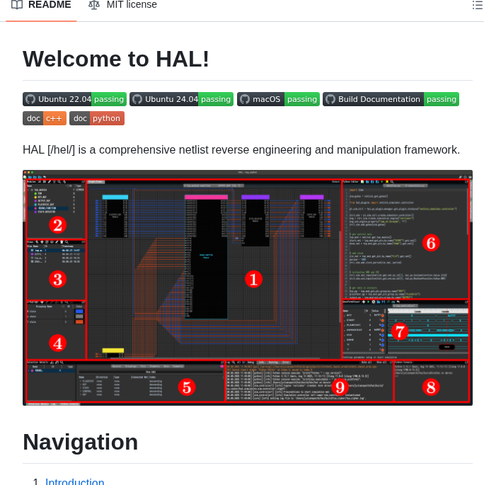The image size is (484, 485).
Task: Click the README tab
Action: (42, 5)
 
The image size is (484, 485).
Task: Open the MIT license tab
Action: (122, 5)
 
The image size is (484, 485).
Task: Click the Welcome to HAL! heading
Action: (116, 59)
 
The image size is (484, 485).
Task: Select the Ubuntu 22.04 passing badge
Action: (74, 99)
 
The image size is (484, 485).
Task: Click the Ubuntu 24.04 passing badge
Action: (181, 99)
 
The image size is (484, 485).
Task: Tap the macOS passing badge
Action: (278, 99)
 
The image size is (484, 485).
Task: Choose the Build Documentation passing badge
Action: (391, 99)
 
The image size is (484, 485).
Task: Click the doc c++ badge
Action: (45, 118)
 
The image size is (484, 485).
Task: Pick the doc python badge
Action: (97, 118)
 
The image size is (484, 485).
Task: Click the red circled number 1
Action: (253, 279)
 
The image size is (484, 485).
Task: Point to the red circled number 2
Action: (57, 225)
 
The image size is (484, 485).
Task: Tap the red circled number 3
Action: (57, 279)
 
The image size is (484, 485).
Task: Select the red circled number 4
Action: (57, 343)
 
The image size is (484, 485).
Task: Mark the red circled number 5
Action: (186, 387)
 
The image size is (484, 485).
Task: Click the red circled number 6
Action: (430, 243)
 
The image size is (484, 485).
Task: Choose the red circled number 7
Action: (399, 331)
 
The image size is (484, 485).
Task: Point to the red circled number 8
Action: (430, 387)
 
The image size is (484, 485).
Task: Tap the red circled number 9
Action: (339, 387)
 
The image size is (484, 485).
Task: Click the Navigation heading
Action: (80, 442)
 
